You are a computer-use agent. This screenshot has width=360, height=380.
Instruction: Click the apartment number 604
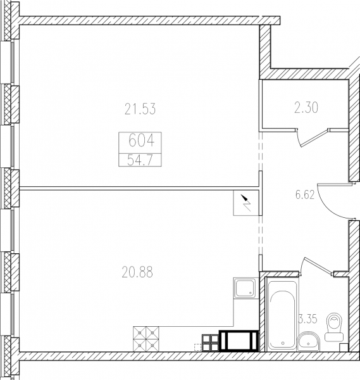tap(141, 141)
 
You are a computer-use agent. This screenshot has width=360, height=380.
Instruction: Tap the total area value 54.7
tap(140, 160)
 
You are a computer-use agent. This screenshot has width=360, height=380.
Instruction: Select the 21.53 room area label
tap(140, 109)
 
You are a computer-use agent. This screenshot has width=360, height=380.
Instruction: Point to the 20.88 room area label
tap(137, 272)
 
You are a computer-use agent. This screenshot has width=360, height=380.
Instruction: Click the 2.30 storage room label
tap(306, 108)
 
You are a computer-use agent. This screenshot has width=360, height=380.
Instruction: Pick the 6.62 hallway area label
tap(305, 194)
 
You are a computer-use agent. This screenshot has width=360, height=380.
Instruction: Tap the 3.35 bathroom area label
tap(308, 319)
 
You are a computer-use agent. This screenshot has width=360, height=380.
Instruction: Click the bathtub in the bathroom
tap(282, 315)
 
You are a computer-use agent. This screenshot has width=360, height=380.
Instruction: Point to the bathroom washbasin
tap(308, 341)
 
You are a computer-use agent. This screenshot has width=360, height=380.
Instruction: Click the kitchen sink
tap(245, 288)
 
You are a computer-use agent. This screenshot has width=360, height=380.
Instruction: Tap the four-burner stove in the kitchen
tap(146, 339)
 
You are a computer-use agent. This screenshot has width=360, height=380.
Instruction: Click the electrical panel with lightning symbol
tap(246, 203)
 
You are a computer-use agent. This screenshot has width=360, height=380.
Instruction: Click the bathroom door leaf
tap(318, 266)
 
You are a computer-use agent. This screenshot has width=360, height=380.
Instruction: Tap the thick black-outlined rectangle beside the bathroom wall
tap(239, 341)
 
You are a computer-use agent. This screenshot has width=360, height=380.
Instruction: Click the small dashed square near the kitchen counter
tap(198, 348)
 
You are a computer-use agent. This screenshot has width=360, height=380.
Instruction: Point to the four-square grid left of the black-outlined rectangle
tap(211, 343)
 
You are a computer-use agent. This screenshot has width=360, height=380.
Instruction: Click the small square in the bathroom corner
tap(344, 347)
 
